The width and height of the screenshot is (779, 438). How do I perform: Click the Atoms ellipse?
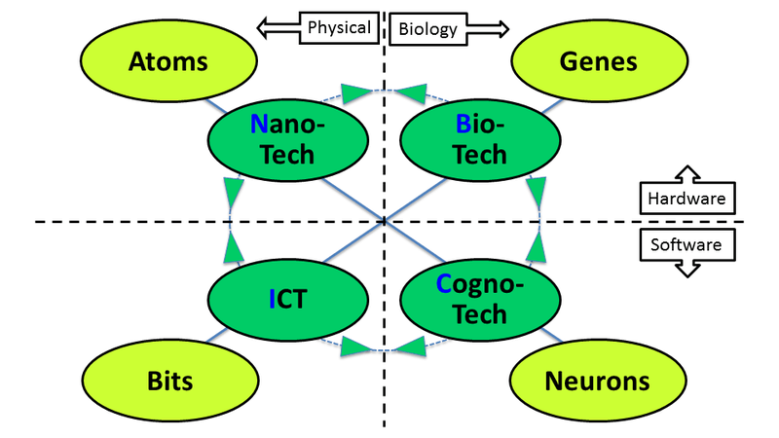[168, 62]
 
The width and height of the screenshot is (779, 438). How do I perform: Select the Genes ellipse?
[598, 62]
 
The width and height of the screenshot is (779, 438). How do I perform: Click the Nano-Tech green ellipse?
[287, 138]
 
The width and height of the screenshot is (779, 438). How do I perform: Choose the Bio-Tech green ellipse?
[467, 138]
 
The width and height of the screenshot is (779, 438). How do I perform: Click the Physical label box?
[338, 27]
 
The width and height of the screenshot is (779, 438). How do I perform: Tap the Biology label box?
[427, 28]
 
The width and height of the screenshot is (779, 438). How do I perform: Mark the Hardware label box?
[686, 200]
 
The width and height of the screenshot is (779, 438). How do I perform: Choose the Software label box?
[686, 244]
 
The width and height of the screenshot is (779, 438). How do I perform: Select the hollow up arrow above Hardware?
[686, 175]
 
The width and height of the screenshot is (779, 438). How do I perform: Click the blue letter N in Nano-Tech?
[258, 124]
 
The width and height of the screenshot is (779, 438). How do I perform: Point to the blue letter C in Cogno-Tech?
[443, 284]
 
